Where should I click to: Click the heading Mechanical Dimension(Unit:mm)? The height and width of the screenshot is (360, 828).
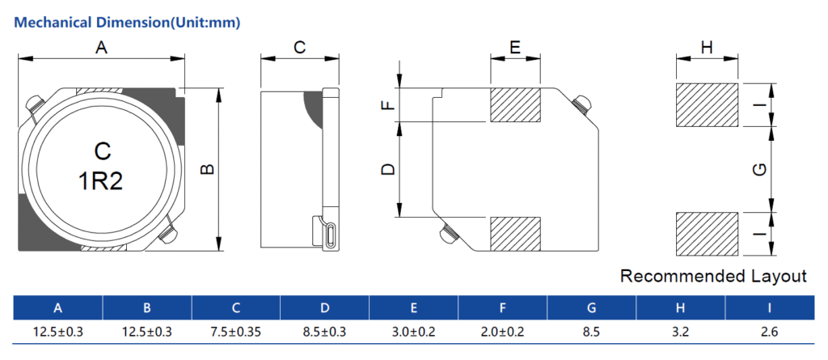click(x=128, y=22)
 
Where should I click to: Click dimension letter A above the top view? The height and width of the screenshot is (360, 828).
click(x=101, y=49)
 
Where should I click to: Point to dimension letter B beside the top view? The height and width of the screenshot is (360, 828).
click(x=207, y=170)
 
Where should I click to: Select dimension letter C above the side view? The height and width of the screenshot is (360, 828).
click(x=299, y=49)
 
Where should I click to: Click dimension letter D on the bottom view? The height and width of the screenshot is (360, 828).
click(x=388, y=169)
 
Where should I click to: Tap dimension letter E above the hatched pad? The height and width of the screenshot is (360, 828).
click(x=515, y=49)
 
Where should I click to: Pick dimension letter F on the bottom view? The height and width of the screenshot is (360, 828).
click(x=388, y=105)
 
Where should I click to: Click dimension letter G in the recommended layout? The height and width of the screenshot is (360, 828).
click(x=758, y=169)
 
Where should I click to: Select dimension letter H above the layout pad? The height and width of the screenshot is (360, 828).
click(x=707, y=49)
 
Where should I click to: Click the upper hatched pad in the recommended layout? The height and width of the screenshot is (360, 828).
click(x=707, y=104)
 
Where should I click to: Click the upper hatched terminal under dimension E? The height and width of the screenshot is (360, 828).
click(x=515, y=105)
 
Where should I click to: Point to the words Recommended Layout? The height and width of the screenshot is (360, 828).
click(x=713, y=276)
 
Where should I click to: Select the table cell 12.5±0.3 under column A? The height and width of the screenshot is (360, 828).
click(x=57, y=332)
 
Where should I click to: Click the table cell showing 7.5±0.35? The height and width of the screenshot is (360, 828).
click(x=235, y=332)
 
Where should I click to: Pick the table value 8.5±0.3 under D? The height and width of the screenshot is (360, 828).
click(x=324, y=332)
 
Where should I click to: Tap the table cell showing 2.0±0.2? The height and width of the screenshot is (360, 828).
click(x=502, y=332)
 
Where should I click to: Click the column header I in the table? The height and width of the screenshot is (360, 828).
click(x=769, y=307)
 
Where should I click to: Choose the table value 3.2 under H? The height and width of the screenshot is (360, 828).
click(x=680, y=332)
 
